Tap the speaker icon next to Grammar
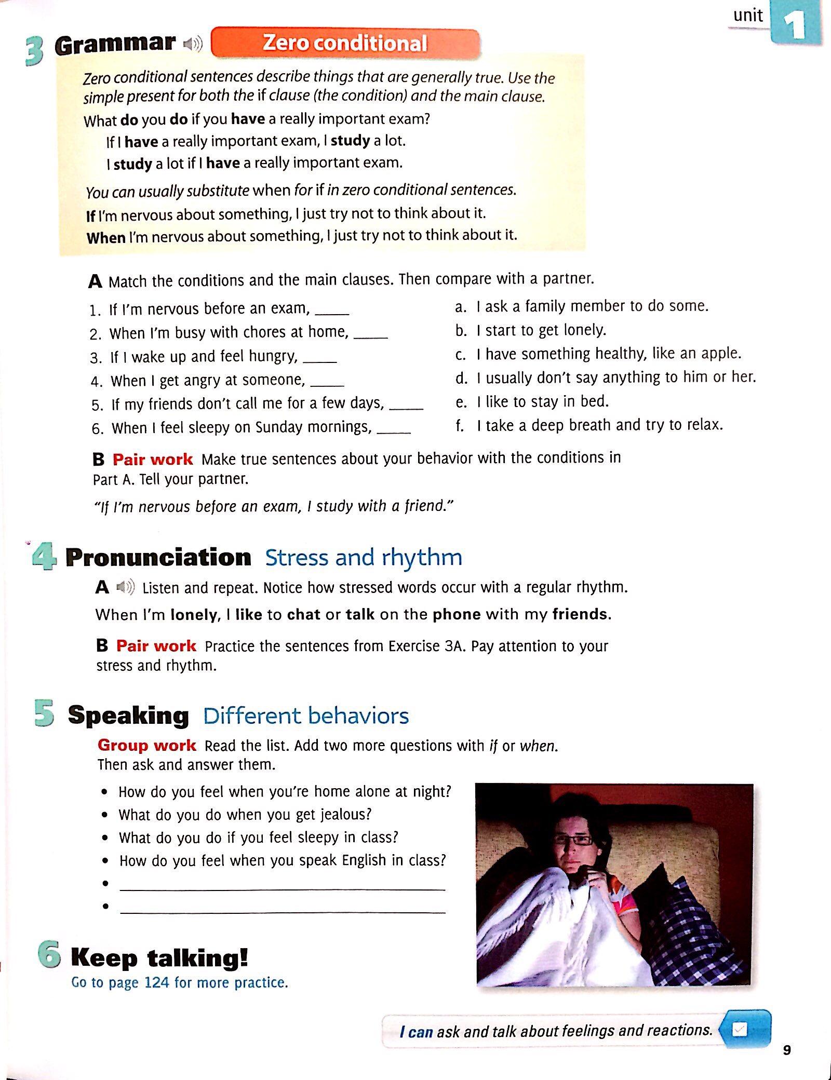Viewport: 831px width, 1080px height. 193,44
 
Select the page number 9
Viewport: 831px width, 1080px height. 787,1050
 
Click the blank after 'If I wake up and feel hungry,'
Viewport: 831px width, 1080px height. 319,359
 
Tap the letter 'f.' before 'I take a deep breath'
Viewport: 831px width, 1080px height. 460,426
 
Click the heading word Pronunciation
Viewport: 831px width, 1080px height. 158,558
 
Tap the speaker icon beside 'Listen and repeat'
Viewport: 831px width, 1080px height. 125,588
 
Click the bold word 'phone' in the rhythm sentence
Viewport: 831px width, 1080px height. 457,614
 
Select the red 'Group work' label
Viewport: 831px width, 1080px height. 146,745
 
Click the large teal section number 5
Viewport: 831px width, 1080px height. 45,713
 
